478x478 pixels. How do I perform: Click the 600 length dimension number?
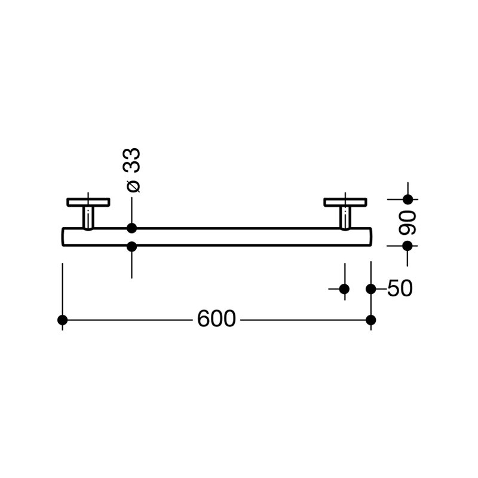[216, 319]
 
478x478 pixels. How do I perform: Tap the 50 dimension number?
[400, 289]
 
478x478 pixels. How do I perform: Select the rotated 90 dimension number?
[407, 222]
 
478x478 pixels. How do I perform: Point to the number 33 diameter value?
[131, 160]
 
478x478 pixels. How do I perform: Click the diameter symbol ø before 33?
[133, 186]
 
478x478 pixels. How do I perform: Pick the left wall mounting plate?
[88, 202]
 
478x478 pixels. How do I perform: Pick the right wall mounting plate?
[345, 202]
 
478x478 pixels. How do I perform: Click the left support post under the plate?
[88, 217]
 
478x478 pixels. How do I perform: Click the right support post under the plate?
[345, 217]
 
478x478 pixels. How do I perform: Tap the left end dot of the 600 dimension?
[63, 320]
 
